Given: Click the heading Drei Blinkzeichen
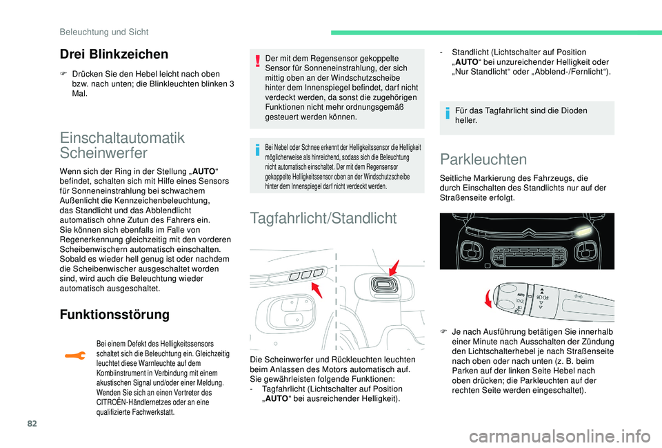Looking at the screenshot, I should point(114,55).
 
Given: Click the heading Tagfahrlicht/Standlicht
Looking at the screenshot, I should point(323,219).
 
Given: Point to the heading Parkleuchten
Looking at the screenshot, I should point(483,159).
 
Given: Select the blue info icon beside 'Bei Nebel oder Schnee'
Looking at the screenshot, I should point(257,148).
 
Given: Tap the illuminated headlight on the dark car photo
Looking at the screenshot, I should point(583,230).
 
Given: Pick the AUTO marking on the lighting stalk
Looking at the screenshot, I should point(521,295).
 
